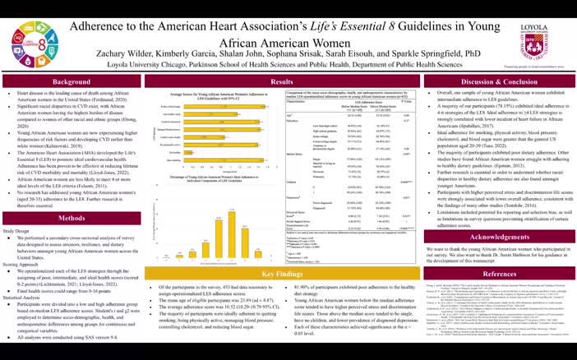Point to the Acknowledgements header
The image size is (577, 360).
click(x=496, y=237)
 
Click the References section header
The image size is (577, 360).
click(x=496, y=273)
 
